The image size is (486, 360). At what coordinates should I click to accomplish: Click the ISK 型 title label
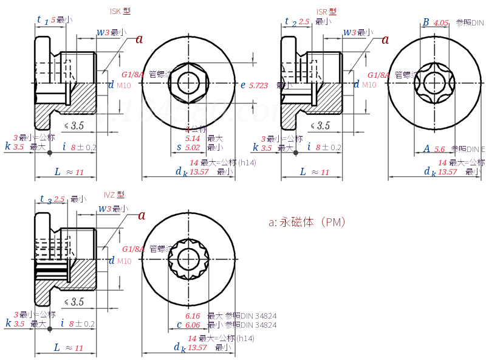120,11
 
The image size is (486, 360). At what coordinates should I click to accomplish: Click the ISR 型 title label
326,12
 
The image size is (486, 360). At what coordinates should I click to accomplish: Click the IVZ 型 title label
114,195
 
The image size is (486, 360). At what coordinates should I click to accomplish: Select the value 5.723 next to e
258,86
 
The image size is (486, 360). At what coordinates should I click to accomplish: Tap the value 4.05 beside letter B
441,22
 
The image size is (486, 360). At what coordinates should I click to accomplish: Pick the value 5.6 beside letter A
440,149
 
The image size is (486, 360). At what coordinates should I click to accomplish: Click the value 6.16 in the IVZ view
193,316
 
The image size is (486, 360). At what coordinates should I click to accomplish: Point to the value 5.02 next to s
193,147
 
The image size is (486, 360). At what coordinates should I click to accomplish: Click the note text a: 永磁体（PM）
307,223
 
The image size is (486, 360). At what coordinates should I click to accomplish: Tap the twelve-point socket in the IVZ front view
188,261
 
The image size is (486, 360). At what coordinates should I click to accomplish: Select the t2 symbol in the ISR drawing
290,22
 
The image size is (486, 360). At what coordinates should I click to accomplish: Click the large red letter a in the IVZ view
142,215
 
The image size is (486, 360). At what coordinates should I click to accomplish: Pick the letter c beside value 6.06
179,325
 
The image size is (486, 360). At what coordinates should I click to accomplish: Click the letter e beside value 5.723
243,85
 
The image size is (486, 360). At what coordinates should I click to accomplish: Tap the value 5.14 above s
193,139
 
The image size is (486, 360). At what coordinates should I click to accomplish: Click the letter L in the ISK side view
58,172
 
